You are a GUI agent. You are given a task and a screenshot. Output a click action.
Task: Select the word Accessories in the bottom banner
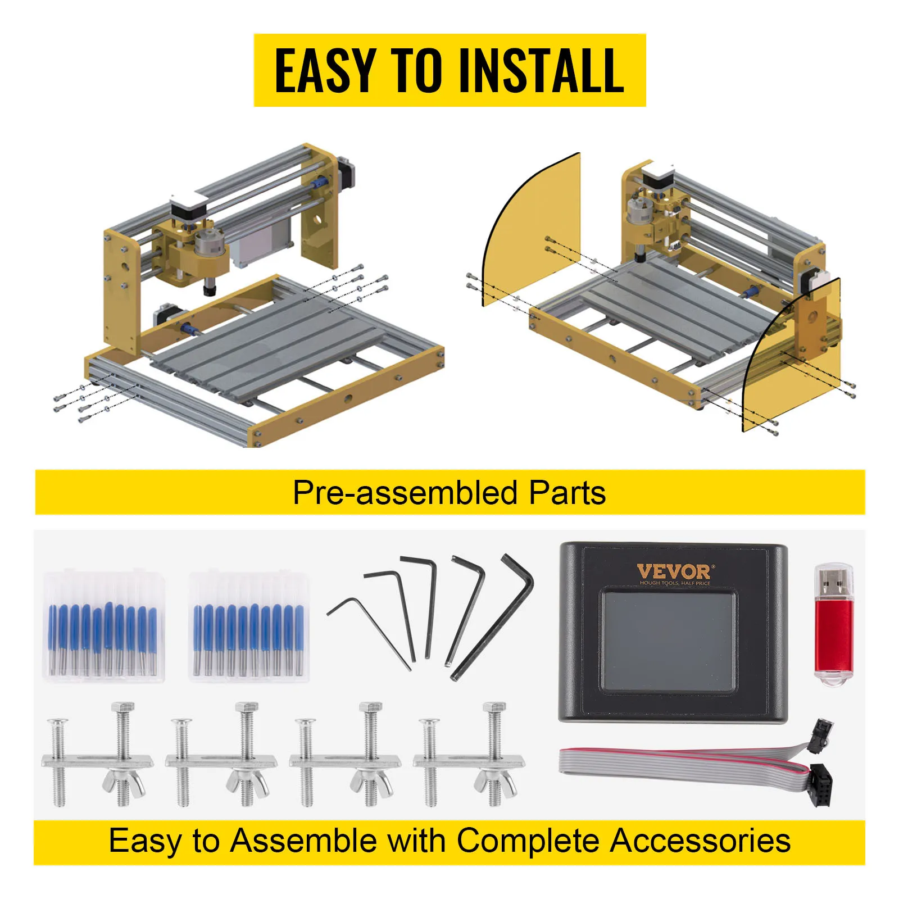tap(700, 841)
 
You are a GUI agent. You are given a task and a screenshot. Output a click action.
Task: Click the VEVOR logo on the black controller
tap(674, 572)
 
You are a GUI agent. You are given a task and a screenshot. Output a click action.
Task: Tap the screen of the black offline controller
tap(668, 640)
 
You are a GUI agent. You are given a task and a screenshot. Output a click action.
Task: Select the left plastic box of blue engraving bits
tap(104, 626)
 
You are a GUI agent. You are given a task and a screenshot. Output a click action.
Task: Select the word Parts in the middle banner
tap(567, 493)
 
